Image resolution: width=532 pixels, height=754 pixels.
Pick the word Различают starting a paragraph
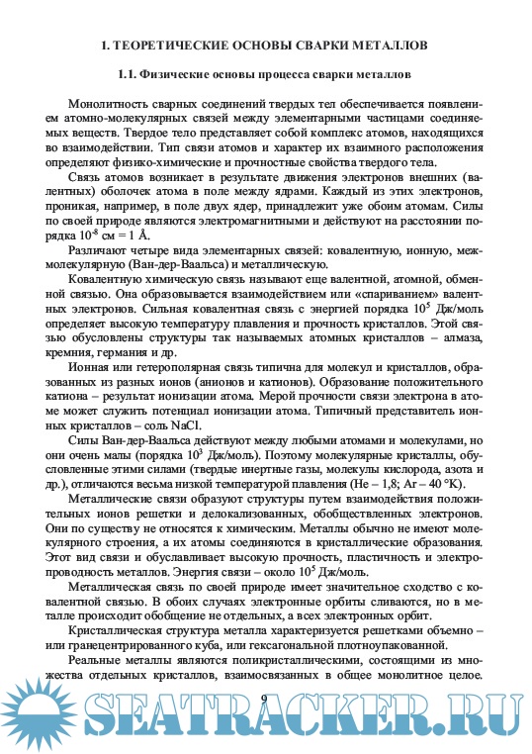coord(95,250)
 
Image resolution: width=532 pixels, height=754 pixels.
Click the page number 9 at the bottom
coord(264,699)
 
